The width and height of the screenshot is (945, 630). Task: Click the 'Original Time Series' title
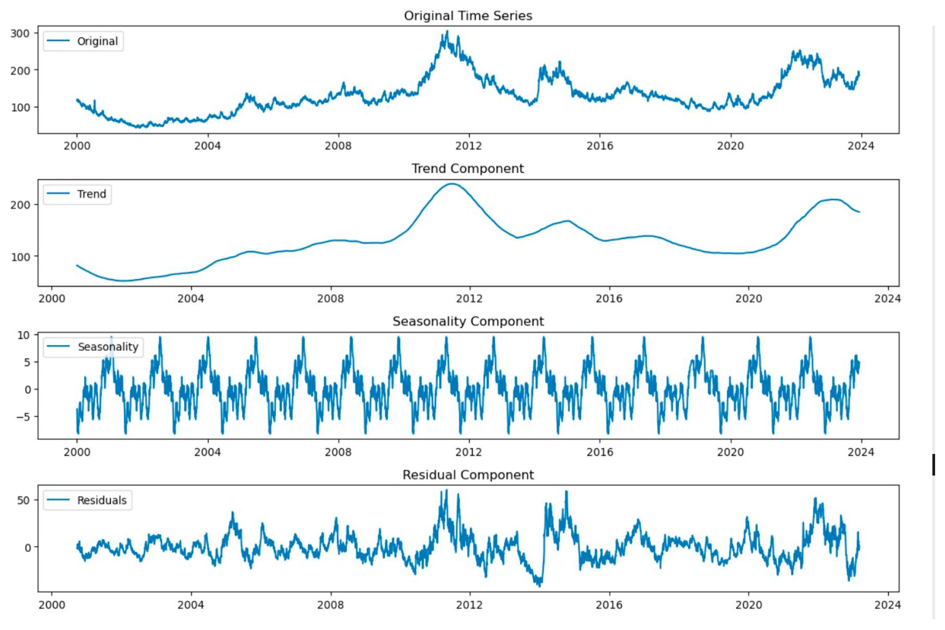pos(468,16)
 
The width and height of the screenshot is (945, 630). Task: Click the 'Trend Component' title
pos(468,169)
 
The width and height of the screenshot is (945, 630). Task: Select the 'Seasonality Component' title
pos(468,321)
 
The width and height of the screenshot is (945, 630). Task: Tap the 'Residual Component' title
pos(468,475)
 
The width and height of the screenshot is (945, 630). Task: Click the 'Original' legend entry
pos(97,41)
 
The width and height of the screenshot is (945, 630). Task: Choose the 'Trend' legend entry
pos(91,194)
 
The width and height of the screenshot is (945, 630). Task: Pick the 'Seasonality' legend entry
pos(108,347)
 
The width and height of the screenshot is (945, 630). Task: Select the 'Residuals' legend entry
pos(102,500)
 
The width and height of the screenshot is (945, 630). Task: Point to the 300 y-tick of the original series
pos(20,33)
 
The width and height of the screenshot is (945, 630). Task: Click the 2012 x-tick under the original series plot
pos(469,146)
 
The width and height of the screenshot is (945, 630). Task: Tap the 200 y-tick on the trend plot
pos(20,205)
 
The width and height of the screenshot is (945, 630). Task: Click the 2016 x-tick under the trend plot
pos(609,299)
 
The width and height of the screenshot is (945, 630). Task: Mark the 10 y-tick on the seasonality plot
pos(23,335)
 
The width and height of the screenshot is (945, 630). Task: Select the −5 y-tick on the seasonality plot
pos(23,417)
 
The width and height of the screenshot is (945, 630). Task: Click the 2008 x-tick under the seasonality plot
pos(338,452)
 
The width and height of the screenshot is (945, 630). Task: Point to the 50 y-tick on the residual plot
pos(23,500)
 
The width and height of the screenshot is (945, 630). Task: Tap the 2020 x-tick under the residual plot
pos(748,605)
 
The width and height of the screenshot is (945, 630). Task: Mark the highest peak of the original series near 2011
pos(447,32)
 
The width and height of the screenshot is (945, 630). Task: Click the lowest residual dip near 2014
pos(539,586)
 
